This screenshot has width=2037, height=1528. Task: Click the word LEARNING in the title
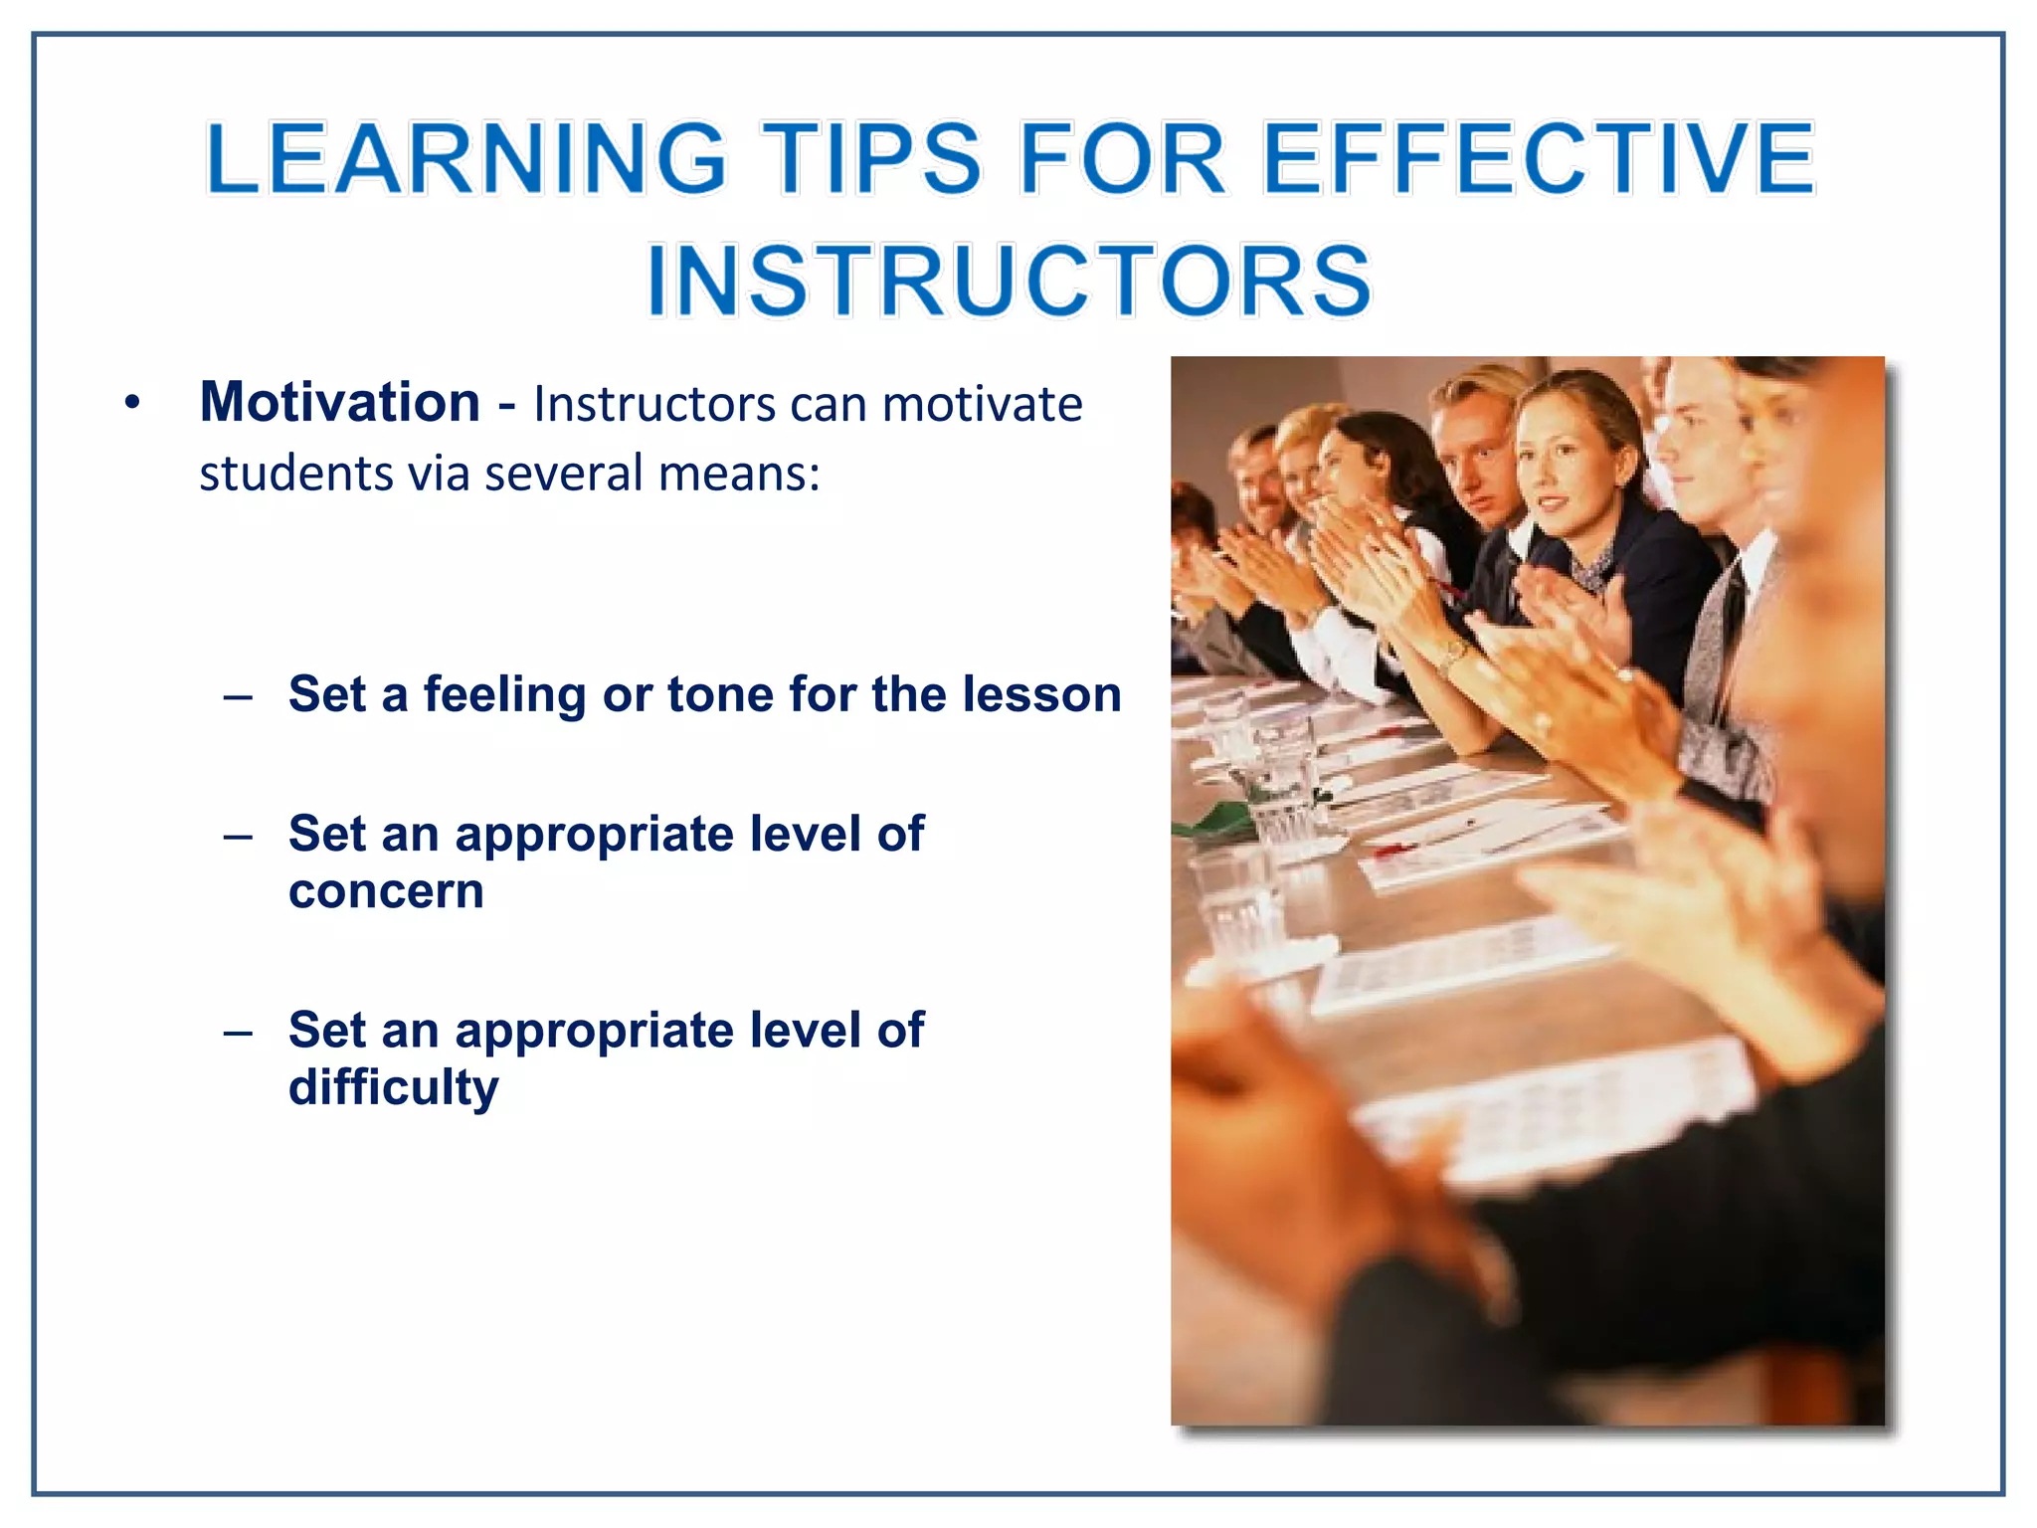[x=465, y=159]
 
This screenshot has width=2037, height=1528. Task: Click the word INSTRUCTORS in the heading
[x=1009, y=282]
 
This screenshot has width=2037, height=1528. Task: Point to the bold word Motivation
[x=340, y=402]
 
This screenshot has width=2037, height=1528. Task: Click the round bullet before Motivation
[x=132, y=403]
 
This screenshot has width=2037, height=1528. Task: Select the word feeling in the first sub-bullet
[x=504, y=694]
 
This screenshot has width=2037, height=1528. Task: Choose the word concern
[x=386, y=890]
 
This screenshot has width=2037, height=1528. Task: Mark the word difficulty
[x=393, y=1087]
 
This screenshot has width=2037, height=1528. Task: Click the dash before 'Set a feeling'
[x=238, y=696]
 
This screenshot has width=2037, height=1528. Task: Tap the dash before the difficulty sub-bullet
[x=238, y=1033]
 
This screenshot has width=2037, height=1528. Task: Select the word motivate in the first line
[x=982, y=405]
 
